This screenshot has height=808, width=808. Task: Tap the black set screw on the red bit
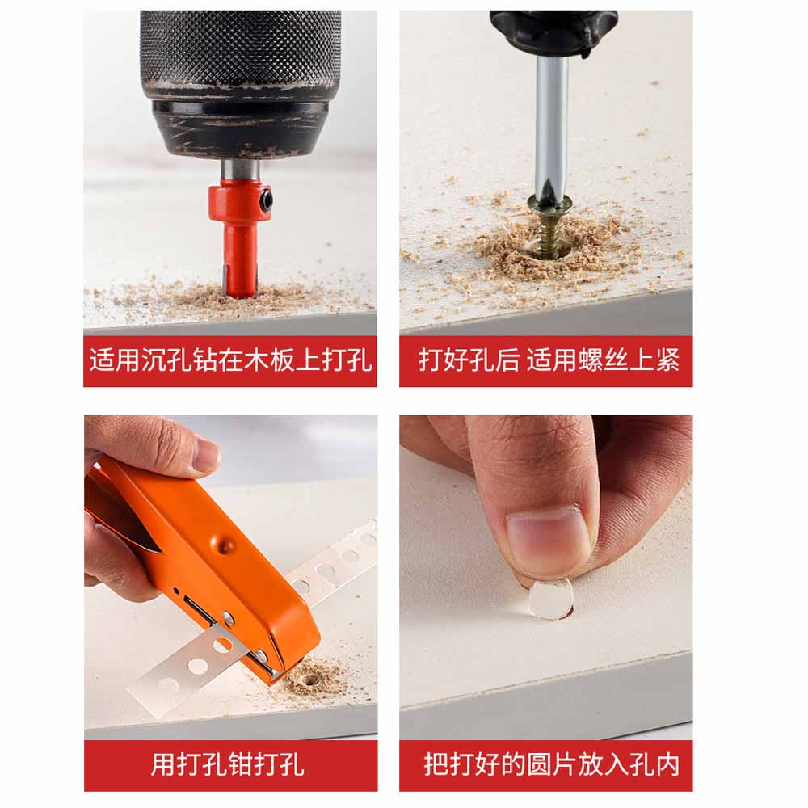coord(266,200)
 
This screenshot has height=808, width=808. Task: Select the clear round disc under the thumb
coord(550,599)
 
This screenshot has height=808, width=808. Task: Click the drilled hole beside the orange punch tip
coord(310,680)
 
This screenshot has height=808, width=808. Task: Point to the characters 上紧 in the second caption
coord(654,360)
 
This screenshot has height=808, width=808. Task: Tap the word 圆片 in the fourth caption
coord(551,764)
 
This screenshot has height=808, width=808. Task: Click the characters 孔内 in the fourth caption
coord(654,764)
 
